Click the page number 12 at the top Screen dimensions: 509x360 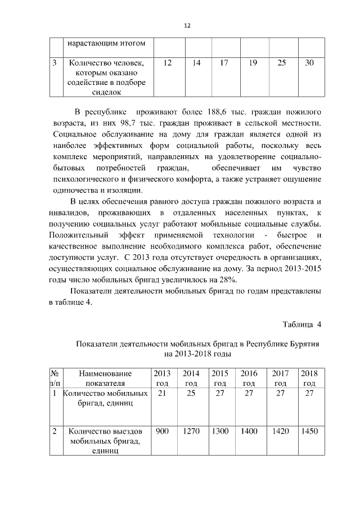(188, 25)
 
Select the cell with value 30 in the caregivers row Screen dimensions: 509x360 (309, 64)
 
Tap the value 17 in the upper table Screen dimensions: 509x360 (224, 64)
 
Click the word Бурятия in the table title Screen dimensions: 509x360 (301, 344)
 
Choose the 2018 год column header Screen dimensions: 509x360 (309, 378)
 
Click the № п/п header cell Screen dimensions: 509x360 (55, 378)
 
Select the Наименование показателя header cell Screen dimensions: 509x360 (105, 378)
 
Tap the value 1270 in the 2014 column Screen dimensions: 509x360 (191, 431)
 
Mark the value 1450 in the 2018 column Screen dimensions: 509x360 (309, 431)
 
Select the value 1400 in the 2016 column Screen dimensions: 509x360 (249, 431)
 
